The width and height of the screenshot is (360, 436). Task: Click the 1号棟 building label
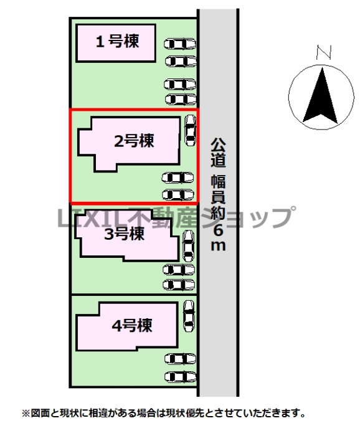pos(117,42)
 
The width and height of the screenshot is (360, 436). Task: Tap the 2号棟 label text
pos(134,141)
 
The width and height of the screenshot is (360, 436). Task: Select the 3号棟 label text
pos(125,234)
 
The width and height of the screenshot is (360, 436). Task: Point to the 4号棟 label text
pos(132,325)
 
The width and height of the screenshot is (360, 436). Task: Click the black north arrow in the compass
pos(321,96)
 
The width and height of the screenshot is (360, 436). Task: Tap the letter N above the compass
pos(324,52)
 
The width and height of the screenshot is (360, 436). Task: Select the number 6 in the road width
pos(218,230)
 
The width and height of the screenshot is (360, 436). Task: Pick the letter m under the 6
pos(218,245)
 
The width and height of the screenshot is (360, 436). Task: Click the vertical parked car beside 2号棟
pos(191,130)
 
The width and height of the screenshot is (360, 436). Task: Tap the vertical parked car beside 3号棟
pos(188,246)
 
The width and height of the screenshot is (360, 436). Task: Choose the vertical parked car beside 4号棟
pos(189,316)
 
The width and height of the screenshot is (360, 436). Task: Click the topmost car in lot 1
pos(180,44)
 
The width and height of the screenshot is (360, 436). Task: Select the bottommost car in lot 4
pos(181,377)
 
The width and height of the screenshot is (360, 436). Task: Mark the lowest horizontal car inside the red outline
pos(178,195)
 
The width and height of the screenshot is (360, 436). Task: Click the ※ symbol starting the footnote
pos(26,413)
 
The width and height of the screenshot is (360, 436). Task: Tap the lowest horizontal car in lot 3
pos(179,285)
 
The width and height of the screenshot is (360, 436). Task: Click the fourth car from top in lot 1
pos(181,99)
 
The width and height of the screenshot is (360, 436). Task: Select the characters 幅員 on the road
pos(218,189)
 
